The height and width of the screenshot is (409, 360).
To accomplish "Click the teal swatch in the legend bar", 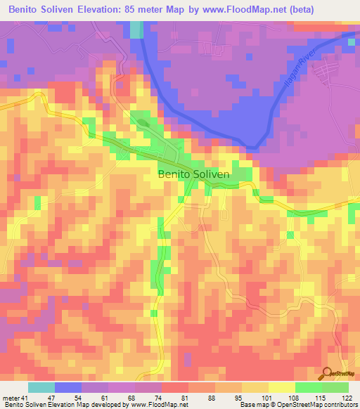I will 41,388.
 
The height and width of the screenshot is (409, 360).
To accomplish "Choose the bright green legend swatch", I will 308,388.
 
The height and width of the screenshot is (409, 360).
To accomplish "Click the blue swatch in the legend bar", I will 68,388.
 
